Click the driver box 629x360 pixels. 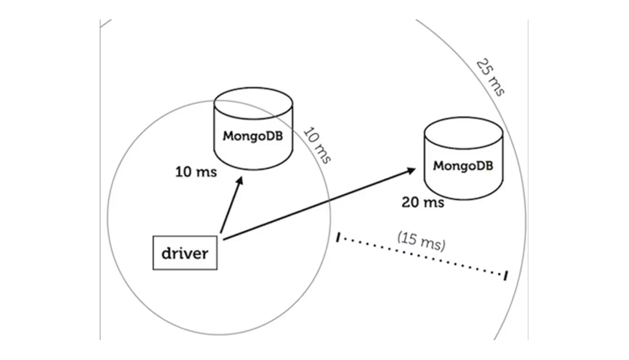tap(185, 253)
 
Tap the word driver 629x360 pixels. tap(185, 254)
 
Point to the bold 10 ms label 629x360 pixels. tap(196, 171)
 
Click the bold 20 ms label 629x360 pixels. tap(422, 203)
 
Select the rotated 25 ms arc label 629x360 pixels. tap(490, 77)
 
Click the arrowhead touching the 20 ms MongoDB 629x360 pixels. tap(410, 170)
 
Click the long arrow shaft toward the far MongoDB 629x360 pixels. tap(317, 204)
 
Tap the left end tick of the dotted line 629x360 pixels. tap(339, 238)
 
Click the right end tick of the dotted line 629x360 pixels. tap(505, 276)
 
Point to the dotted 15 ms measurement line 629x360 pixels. tap(422, 257)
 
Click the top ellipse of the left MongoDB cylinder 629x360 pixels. tap(254, 101)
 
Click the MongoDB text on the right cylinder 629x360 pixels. tap(463, 166)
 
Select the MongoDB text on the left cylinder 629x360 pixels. tap(253, 136)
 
